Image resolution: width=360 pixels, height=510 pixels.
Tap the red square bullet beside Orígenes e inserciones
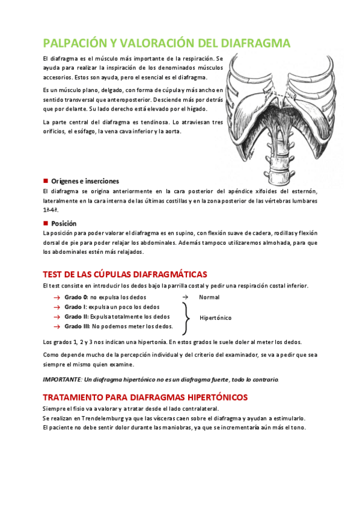(46, 181)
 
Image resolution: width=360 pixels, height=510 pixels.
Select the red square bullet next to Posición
(46, 223)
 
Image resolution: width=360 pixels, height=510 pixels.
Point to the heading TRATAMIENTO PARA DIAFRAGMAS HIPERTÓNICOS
(145, 398)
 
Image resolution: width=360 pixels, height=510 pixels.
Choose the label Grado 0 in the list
(76, 297)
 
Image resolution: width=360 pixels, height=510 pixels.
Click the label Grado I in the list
(75, 307)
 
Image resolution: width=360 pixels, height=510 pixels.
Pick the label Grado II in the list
(76, 316)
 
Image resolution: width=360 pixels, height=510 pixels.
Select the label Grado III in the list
(77, 326)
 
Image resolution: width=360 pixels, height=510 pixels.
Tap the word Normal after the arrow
(209, 297)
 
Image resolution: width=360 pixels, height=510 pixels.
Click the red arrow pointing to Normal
(185, 297)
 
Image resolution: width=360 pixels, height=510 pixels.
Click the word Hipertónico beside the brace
(216, 316)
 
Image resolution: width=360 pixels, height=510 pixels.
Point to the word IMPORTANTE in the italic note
(62, 380)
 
